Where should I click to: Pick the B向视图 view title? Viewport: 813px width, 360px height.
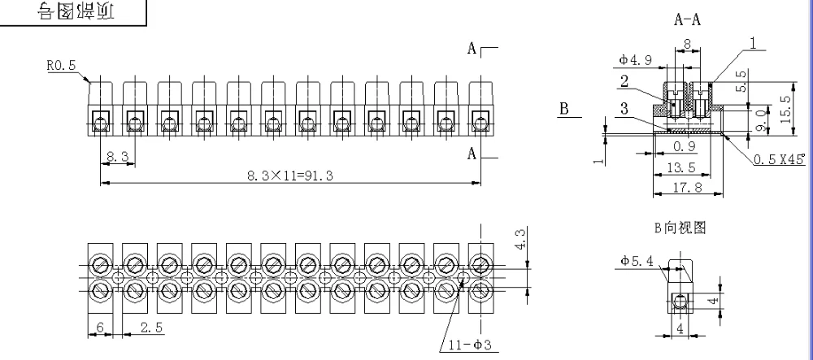(x=680, y=228)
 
